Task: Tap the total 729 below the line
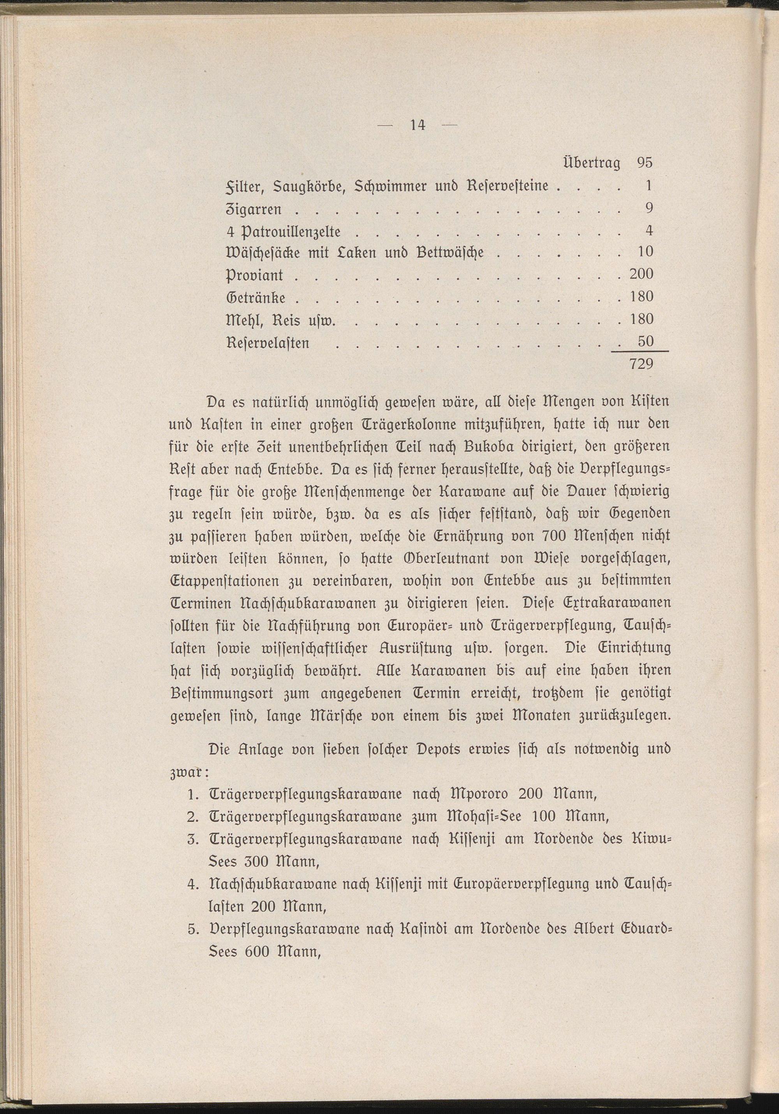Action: coord(641,364)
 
